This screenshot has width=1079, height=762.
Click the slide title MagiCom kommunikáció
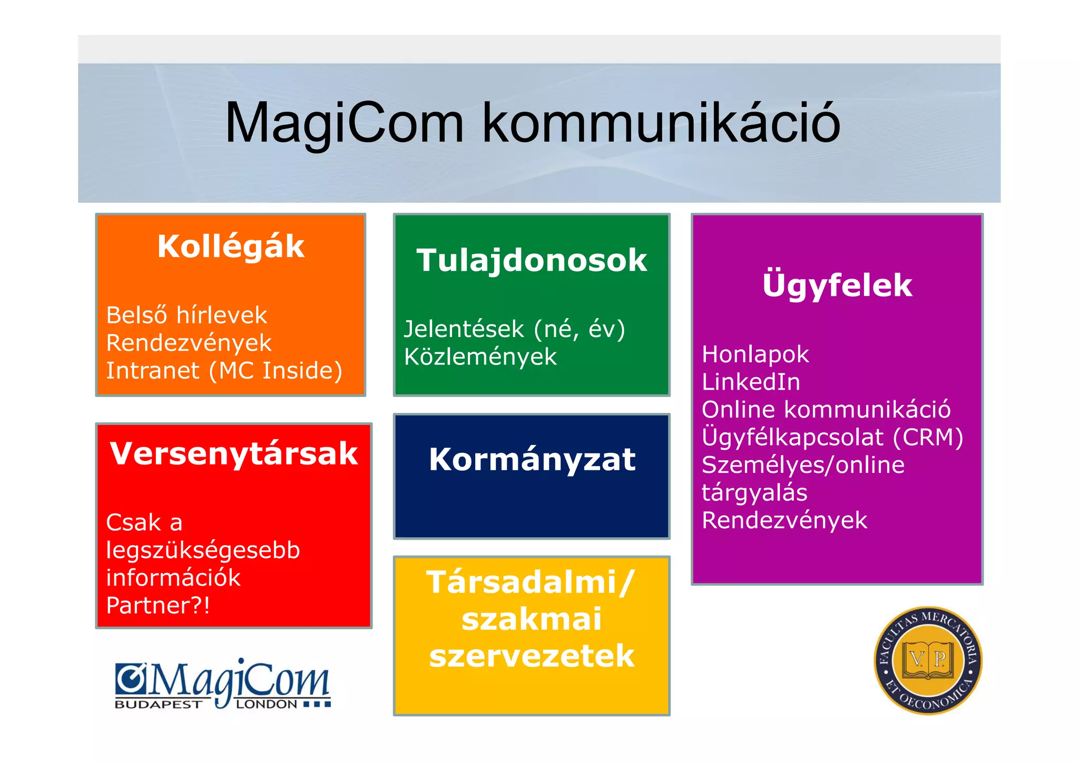point(532,123)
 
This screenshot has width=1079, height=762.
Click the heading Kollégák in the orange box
point(231,246)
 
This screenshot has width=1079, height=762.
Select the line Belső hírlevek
point(187,315)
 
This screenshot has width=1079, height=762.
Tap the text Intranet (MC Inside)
point(224,370)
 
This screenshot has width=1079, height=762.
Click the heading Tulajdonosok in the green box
point(532,260)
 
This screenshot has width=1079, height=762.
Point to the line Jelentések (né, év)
point(514,329)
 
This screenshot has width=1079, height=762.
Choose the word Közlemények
point(480,357)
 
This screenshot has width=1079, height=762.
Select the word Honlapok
point(755,354)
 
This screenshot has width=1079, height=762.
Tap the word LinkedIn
point(751,382)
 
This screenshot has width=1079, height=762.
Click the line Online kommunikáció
point(826,410)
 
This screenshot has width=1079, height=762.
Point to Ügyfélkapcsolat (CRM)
point(832,437)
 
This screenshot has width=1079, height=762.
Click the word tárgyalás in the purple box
point(754,493)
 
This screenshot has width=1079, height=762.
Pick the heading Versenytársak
point(234,453)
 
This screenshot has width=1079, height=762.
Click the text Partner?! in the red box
point(158,606)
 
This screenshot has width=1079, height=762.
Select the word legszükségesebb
point(203,550)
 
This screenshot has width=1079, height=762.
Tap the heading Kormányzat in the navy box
point(532,459)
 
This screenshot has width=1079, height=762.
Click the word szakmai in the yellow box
point(532,619)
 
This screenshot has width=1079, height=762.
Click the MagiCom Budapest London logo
point(223,685)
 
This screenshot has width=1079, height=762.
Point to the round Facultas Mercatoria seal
point(928,660)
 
